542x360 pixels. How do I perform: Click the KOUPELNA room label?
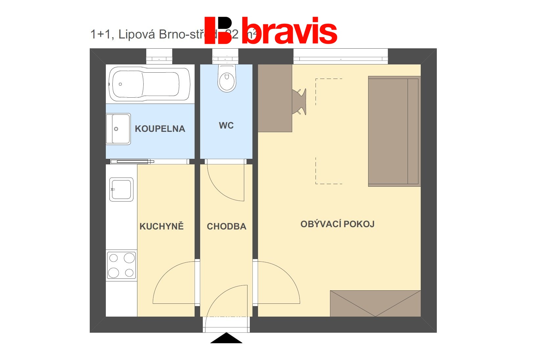coord(160,129)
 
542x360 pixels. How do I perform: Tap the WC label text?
coord(226,125)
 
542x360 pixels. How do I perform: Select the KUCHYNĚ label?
coord(161,226)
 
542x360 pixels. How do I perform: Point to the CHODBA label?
coord(226,226)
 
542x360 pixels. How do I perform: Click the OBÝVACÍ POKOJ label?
coord(337,224)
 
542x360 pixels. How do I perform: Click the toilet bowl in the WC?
coord(226,79)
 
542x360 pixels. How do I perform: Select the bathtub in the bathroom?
coord(150,84)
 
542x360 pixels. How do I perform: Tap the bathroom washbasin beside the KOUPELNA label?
coord(118,129)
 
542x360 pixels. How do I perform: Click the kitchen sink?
coord(121,189)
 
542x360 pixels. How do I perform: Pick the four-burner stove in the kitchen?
coord(121,265)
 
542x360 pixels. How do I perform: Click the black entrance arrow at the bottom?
coord(226,338)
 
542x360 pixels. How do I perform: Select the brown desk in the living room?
coord(275,98)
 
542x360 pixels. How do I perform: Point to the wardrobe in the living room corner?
coord(375,303)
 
